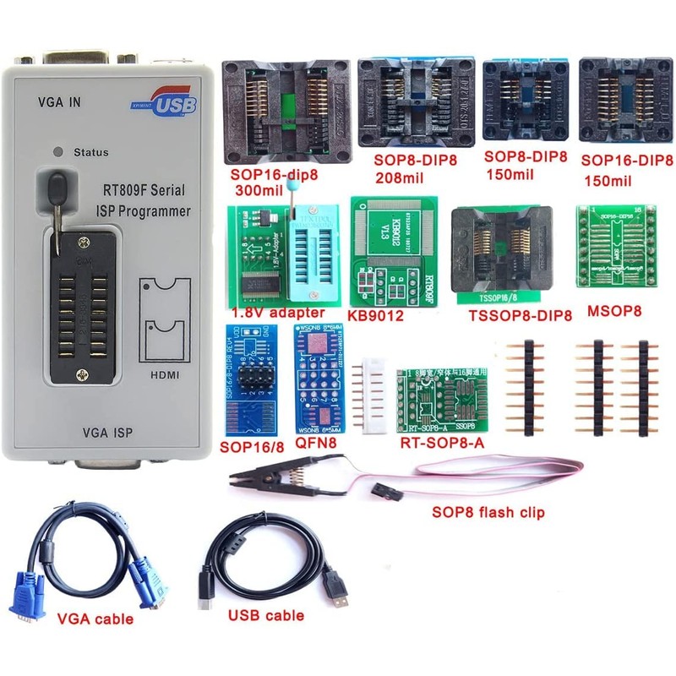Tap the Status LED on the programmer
[58, 152]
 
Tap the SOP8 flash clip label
[488, 512]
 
